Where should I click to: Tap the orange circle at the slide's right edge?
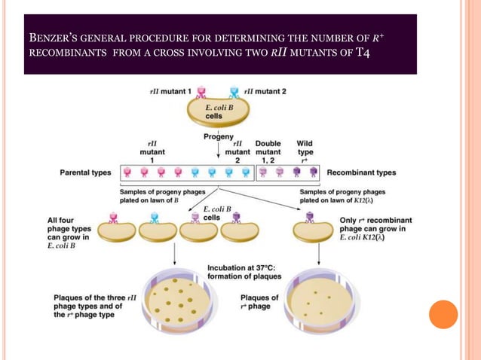click(x=443, y=314)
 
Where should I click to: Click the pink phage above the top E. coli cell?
click(x=202, y=93)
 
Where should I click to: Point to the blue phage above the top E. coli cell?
click(x=234, y=93)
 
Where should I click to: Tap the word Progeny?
click(x=219, y=137)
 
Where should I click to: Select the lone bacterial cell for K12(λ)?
click(x=312, y=232)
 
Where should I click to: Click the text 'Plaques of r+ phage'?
click(x=259, y=302)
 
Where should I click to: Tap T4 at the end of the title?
click(x=363, y=53)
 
